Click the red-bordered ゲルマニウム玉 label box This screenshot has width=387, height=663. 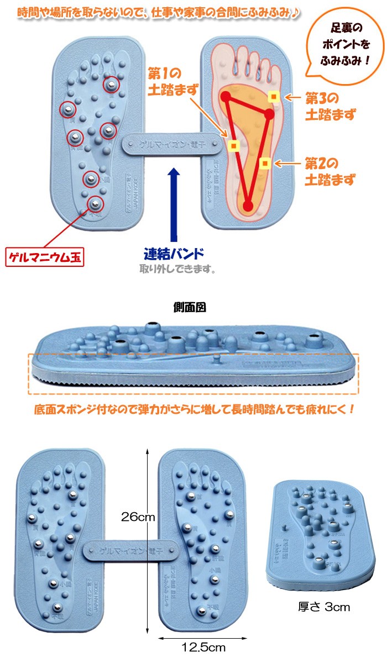click(x=45, y=257)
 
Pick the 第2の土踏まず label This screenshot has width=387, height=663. click(x=330, y=171)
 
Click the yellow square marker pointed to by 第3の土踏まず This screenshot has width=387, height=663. click(x=273, y=97)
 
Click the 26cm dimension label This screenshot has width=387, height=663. click(x=138, y=517)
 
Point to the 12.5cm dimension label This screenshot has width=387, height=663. click(x=200, y=646)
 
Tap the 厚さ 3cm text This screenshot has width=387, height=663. click(x=324, y=607)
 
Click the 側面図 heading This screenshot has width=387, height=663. click(x=190, y=307)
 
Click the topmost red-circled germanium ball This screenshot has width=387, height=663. click(x=111, y=84)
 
